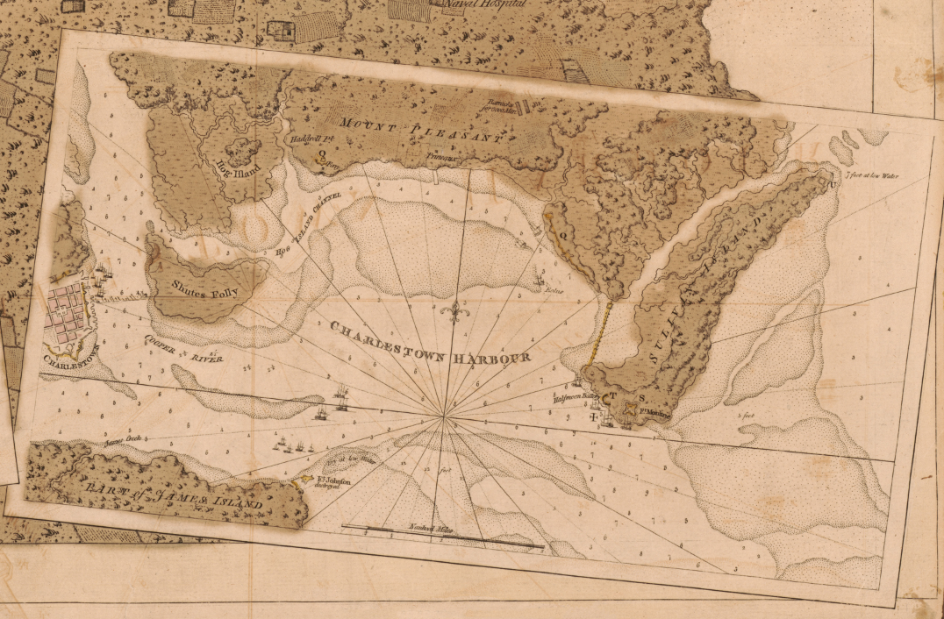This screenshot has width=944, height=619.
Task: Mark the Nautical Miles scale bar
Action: (x=443, y=537)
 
